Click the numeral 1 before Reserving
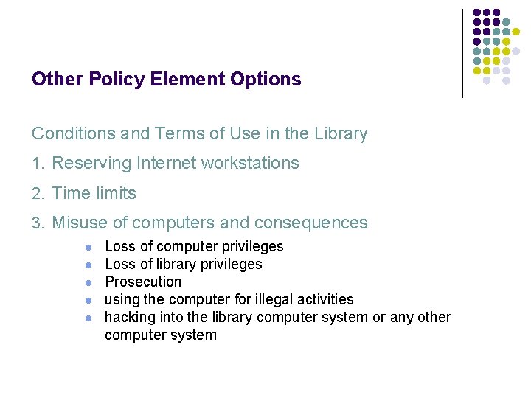[36, 164]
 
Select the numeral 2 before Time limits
[37, 194]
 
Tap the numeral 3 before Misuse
[37, 223]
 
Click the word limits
[116, 194]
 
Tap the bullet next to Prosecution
[88, 282]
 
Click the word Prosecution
[143, 282]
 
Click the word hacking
[130, 318]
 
